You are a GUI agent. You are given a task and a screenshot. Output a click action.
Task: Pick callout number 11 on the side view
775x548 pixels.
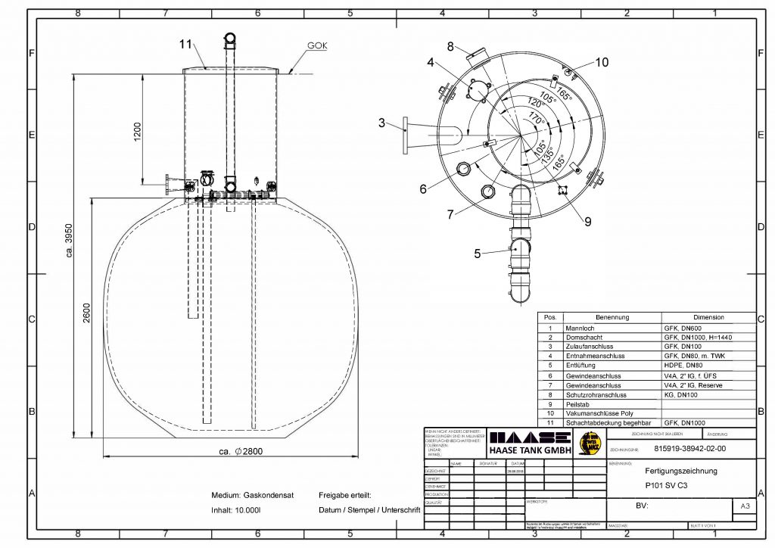click(x=186, y=45)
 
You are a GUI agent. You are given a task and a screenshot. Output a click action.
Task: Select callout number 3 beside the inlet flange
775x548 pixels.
click(x=382, y=123)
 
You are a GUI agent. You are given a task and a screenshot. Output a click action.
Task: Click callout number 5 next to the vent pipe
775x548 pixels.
click(x=478, y=253)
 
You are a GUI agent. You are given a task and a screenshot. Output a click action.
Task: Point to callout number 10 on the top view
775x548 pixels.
click(x=601, y=63)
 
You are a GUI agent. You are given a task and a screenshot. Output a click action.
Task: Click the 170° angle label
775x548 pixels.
click(x=537, y=119)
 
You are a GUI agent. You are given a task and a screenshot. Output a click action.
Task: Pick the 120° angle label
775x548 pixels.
click(x=534, y=104)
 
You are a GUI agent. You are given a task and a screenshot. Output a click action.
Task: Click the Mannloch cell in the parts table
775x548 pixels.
click(x=580, y=328)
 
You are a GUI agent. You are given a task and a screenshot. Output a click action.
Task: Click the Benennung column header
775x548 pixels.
click(x=612, y=317)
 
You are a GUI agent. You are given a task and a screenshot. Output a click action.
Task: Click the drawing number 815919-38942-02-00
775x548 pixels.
click(x=689, y=448)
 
